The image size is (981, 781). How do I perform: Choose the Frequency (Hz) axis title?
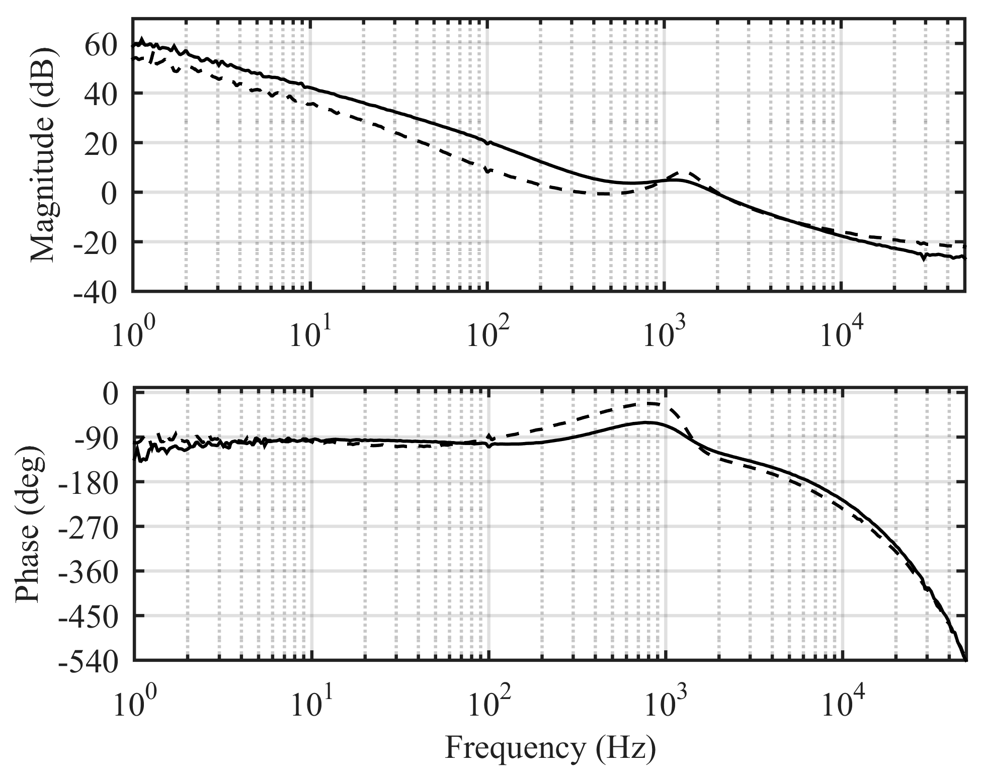550,748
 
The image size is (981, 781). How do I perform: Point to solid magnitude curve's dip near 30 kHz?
924,258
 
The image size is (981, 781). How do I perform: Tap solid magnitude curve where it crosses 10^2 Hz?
488,142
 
